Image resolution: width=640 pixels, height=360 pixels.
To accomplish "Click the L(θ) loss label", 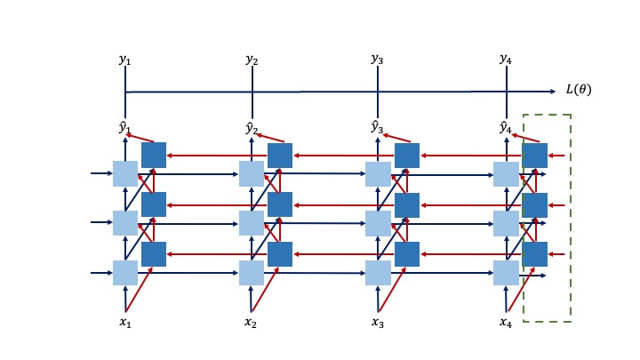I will [x=578, y=90].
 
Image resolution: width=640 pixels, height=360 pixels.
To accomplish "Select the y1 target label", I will [x=124, y=60].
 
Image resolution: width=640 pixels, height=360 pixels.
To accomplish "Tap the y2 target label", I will [x=252, y=60].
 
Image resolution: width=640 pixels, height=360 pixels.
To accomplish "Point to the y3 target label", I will [x=377, y=60].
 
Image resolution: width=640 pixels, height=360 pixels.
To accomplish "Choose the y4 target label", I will [x=506, y=60].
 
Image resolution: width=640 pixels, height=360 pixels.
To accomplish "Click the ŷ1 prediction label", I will [x=124, y=127].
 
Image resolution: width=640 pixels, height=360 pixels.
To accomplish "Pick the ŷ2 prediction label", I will [x=252, y=127].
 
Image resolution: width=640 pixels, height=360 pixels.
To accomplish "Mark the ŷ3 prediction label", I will [x=377, y=126].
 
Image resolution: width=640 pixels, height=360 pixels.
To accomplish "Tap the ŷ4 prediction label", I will [x=505, y=127].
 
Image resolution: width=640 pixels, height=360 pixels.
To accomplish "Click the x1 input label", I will [x=125, y=322].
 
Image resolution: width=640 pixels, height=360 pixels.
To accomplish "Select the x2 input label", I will [x=251, y=322].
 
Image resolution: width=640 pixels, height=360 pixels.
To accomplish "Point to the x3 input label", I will [x=377, y=322].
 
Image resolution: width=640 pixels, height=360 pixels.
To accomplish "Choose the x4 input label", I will [x=505, y=322].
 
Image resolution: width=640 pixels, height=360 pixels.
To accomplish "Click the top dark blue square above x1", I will [x=153, y=156].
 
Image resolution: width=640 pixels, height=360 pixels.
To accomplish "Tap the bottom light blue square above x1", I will [x=125, y=272].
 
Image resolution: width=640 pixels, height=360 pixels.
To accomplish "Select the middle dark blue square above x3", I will [x=406, y=205].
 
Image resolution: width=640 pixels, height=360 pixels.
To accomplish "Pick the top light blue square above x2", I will [x=252, y=173].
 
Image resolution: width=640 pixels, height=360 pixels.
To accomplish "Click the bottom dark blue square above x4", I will [x=534, y=254].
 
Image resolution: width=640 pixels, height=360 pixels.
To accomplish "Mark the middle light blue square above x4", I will [x=506, y=223].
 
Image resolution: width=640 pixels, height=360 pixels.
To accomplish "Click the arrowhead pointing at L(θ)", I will [x=553, y=91].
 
